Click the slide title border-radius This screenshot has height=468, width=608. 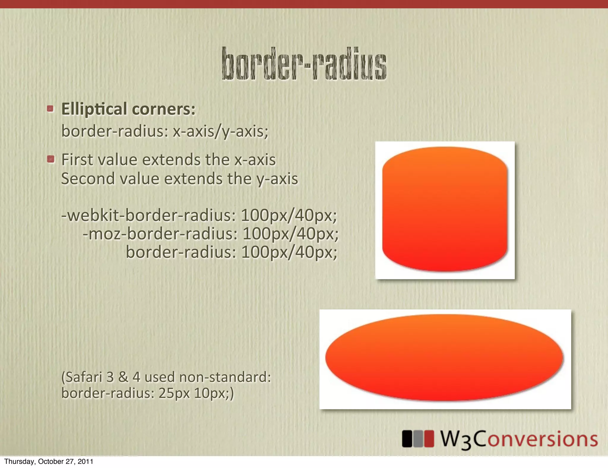(x=304, y=64)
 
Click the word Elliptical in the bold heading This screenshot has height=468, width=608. (x=94, y=109)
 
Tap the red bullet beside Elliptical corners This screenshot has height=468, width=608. (x=50, y=108)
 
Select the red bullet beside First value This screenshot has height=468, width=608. (x=51, y=159)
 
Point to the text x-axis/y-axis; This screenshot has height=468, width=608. (x=221, y=131)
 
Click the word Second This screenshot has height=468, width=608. (x=88, y=179)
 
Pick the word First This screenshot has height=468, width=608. (x=78, y=160)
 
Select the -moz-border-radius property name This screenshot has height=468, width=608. (x=160, y=234)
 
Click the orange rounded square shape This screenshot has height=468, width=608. (x=445, y=209)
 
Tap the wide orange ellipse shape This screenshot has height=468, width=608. (x=444, y=358)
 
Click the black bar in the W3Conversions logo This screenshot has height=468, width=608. (x=407, y=439)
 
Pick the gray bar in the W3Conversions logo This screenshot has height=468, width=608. (x=418, y=439)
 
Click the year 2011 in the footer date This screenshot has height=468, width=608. (x=86, y=461)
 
